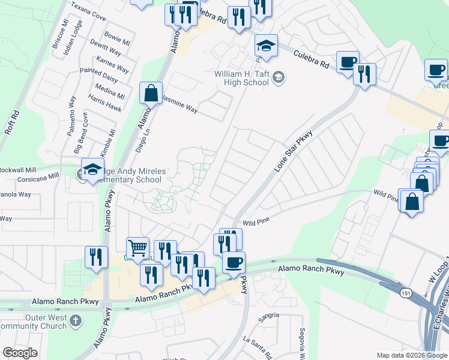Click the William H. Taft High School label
(241, 77)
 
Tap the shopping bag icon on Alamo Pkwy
(151, 94)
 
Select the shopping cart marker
(137, 248)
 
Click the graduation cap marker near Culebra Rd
(265, 46)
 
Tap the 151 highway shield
(406, 291)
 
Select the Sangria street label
(269, 315)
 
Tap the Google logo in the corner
(20, 353)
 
